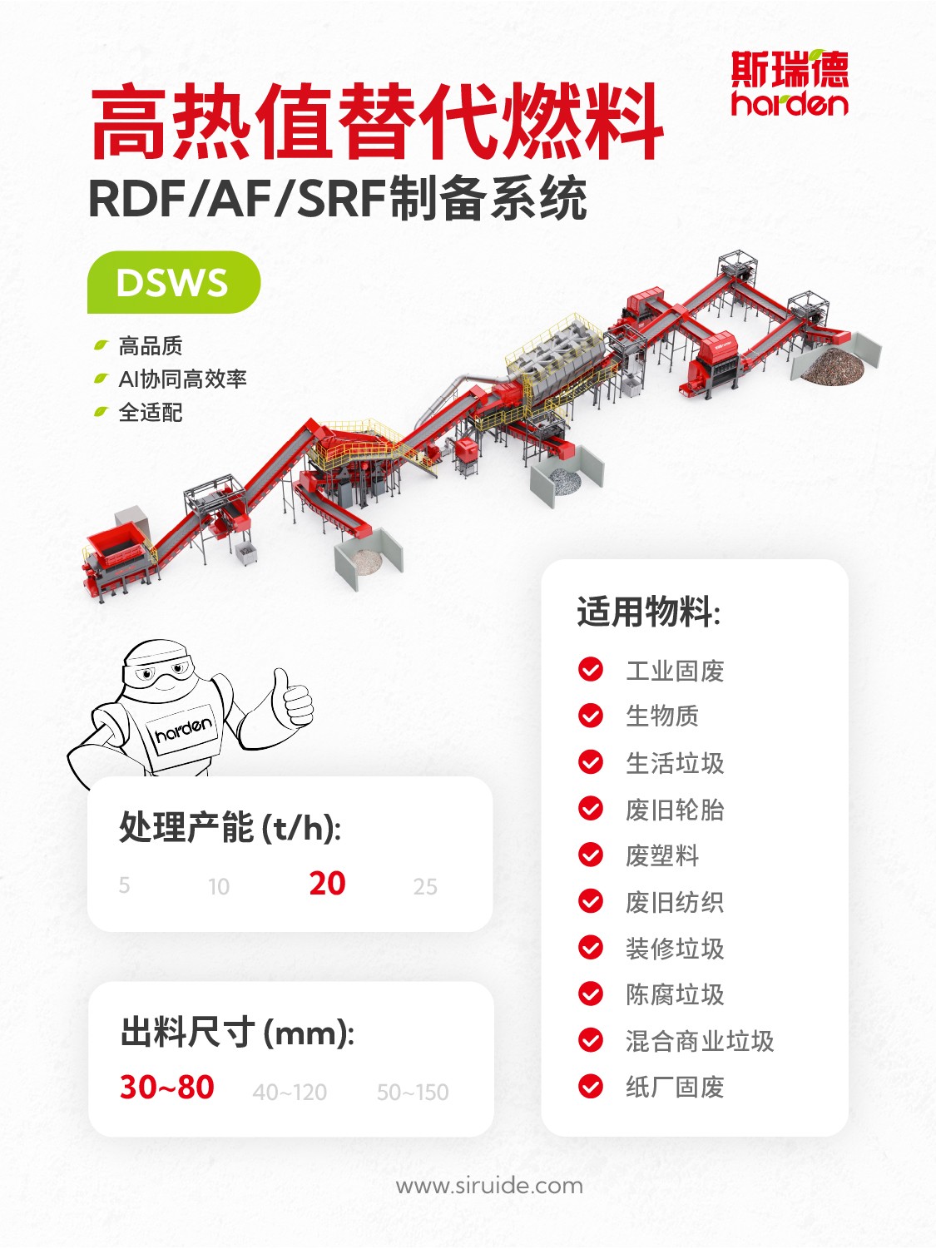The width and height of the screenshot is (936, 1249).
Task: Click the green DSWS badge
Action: (174, 282)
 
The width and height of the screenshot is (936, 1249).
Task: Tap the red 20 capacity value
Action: (327, 884)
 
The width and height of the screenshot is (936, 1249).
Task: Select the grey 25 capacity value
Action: (425, 886)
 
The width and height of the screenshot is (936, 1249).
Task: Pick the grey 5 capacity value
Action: (124, 885)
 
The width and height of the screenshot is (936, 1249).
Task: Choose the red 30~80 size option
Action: (166, 1087)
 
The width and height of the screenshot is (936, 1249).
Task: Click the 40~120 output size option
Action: (290, 1092)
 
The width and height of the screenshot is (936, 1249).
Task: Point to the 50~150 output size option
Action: (413, 1092)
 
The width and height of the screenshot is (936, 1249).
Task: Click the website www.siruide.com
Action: (489, 1186)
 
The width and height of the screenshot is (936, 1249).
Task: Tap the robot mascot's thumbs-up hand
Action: (293, 697)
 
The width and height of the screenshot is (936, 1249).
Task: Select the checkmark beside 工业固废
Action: (591, 669)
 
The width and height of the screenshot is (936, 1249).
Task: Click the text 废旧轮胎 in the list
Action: (674, 810)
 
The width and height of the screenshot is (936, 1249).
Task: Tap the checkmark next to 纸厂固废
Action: (591, 1087)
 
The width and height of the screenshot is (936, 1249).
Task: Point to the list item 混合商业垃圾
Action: (700, 1041)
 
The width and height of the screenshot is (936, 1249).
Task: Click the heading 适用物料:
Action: (649, 612)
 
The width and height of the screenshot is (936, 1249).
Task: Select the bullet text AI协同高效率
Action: (182, 379)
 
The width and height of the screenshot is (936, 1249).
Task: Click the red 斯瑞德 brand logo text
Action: (790, 69)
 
